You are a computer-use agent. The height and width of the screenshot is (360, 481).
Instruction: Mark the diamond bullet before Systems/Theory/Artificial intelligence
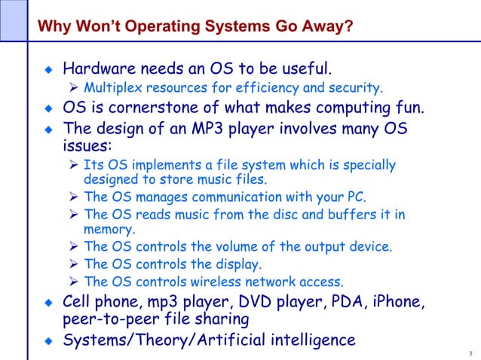50,341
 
